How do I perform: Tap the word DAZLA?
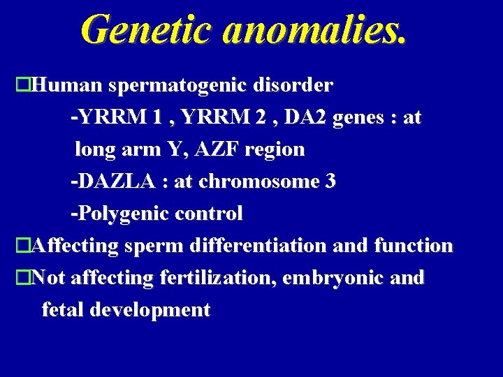[116, 182]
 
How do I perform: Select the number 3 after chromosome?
[330, 182]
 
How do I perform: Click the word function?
[414, 246]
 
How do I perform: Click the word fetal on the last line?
[64, 309]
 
